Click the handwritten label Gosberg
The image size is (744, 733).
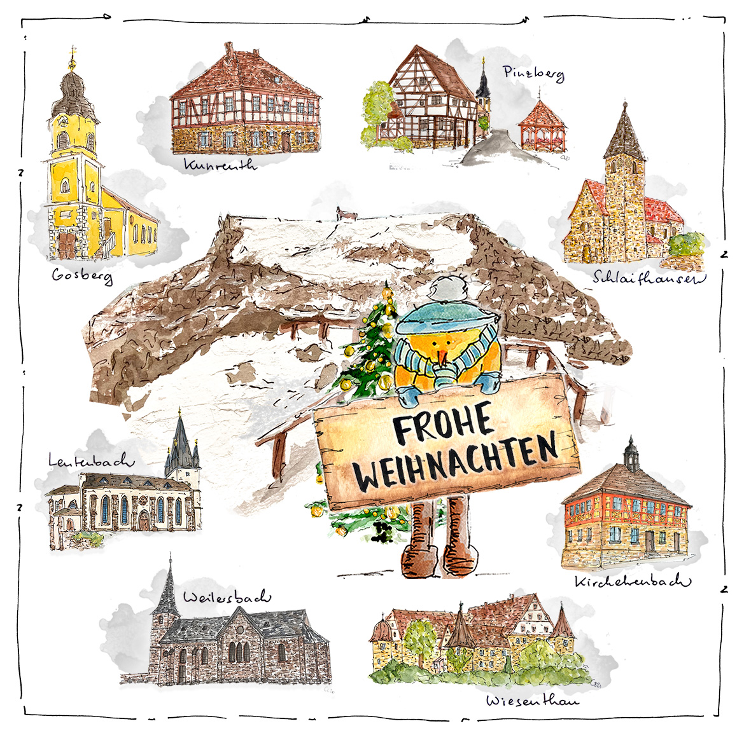[x=82, y=276]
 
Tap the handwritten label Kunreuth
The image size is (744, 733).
[x=220, y=165]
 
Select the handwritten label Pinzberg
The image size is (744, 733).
[x=533, y=74]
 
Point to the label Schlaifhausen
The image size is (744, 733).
[x=649, y=278]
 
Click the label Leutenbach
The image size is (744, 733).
[x=91, y=460]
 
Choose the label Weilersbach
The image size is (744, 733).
[x=227, y=597]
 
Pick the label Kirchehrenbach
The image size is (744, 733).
[x=632, y=581]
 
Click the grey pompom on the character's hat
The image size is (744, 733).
[x=444, y=289]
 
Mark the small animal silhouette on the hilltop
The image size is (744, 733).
[x=346, y=215]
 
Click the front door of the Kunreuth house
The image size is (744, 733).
[x=286, y=141]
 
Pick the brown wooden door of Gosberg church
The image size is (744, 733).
[x=66, y=244]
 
